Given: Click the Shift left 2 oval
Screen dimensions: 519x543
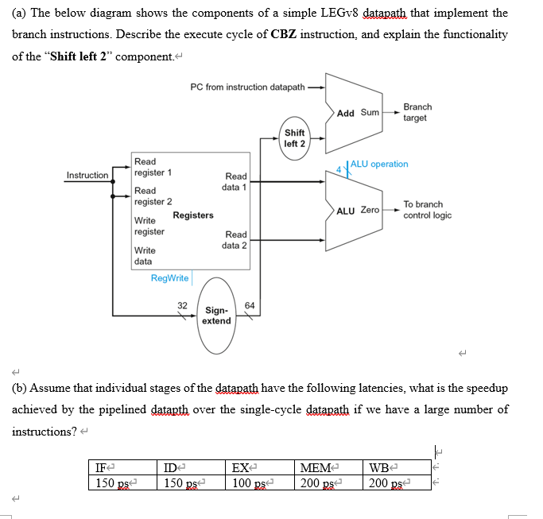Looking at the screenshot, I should point(294,137).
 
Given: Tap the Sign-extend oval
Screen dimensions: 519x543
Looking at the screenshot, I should point(216,316).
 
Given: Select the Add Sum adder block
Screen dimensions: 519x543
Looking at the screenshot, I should point(357,113).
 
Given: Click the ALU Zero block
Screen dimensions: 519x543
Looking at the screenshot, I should point(357,211).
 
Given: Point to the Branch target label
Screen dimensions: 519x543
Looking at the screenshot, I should point(417,112).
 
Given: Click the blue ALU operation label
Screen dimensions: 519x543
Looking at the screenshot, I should point(379,164).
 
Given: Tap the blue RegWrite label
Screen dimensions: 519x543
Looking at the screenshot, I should point(169,278).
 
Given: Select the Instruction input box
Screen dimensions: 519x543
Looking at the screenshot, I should point(87,175).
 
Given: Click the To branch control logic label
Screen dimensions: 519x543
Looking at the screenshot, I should point(427,210).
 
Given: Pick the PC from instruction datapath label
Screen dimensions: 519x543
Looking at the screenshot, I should point(247,87).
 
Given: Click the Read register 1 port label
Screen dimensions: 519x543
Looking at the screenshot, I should point(148,167).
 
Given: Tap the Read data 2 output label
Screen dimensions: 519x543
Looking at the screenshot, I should point(235,240).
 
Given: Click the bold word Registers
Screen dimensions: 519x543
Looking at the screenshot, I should point(192,215).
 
